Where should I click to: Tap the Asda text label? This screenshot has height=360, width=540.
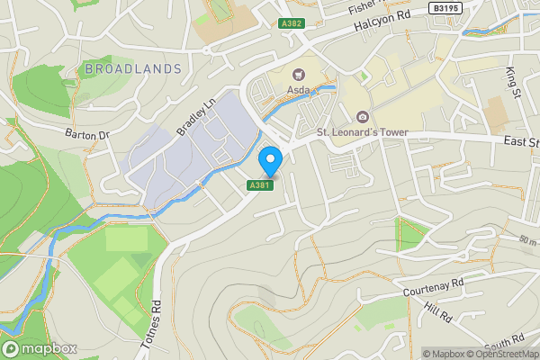[x=299, y=90]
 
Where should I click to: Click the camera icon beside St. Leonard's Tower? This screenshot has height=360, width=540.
[x=362, y=117]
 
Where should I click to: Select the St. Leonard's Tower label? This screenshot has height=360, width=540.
[x=362, y=133]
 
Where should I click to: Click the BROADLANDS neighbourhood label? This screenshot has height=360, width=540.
[x=133, y=68]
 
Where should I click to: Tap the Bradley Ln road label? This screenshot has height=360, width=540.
[x=197, y=118]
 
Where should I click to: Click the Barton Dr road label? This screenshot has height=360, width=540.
[x=86, y=135]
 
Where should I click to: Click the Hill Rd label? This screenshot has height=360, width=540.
[x=438, y=314]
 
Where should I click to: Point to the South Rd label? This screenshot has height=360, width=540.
[x=504, y=343]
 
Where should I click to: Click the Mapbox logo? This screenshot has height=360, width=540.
[x=39, y=348]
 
